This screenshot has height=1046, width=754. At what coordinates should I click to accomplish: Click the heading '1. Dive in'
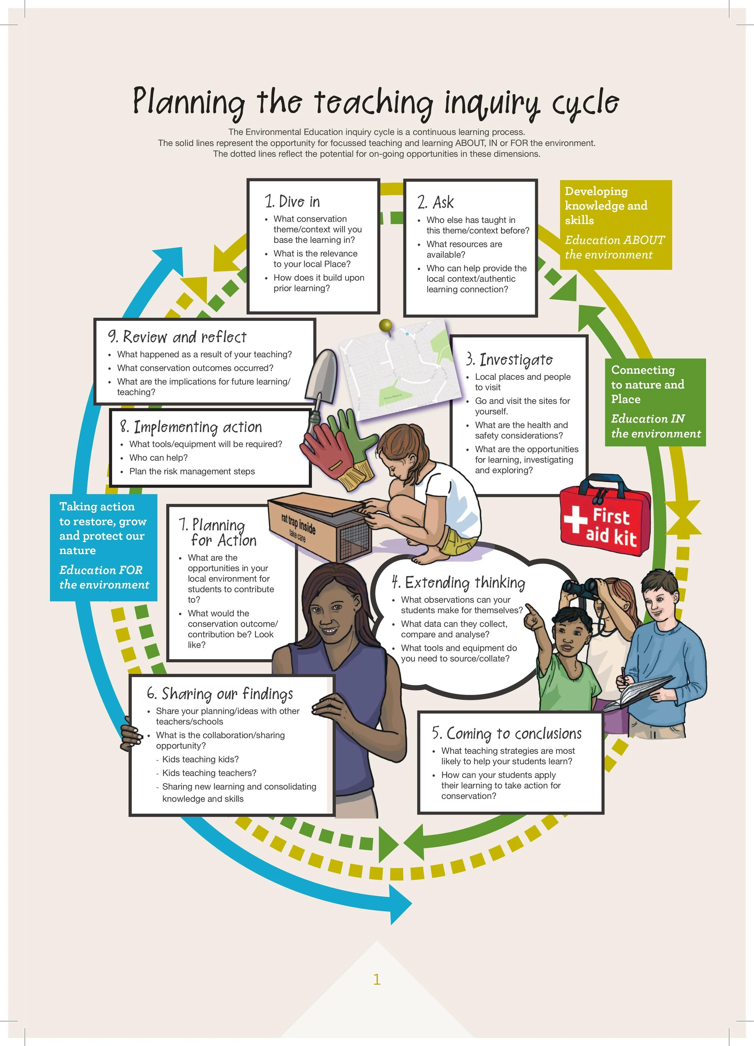(292, 202)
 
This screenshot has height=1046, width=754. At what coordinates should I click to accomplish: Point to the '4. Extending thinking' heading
(458, 583)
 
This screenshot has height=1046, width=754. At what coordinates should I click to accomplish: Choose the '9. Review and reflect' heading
(178, 337)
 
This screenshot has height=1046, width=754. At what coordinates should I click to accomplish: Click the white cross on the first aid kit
(575, 519)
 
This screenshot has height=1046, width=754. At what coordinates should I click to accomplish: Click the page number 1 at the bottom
(377, 979)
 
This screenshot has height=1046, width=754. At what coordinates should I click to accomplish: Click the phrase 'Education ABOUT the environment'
(614, 247)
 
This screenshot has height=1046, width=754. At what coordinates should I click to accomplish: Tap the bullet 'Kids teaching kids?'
(200, 759)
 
